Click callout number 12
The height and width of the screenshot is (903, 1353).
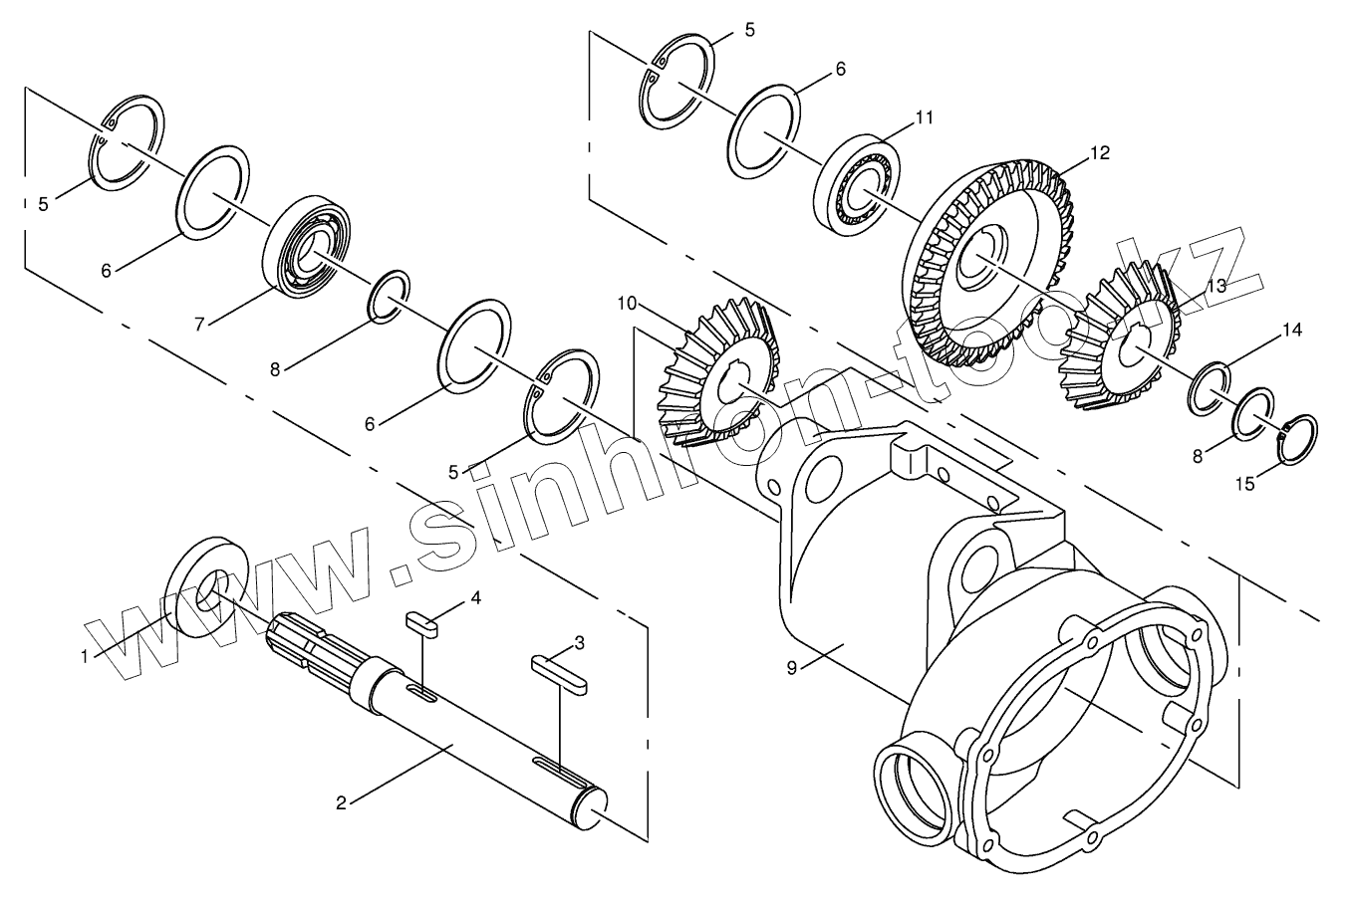click(1099, 153)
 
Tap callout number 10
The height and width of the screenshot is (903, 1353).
click(626, 301)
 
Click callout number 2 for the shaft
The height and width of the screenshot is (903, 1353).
click(341, 802)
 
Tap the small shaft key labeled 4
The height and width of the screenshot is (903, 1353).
click(421, 624)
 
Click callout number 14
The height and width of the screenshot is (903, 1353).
click(1292, 329)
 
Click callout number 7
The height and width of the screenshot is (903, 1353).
click(199, 324)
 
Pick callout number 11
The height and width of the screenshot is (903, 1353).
click(925, 117)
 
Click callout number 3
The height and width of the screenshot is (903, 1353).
click(579, 641)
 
